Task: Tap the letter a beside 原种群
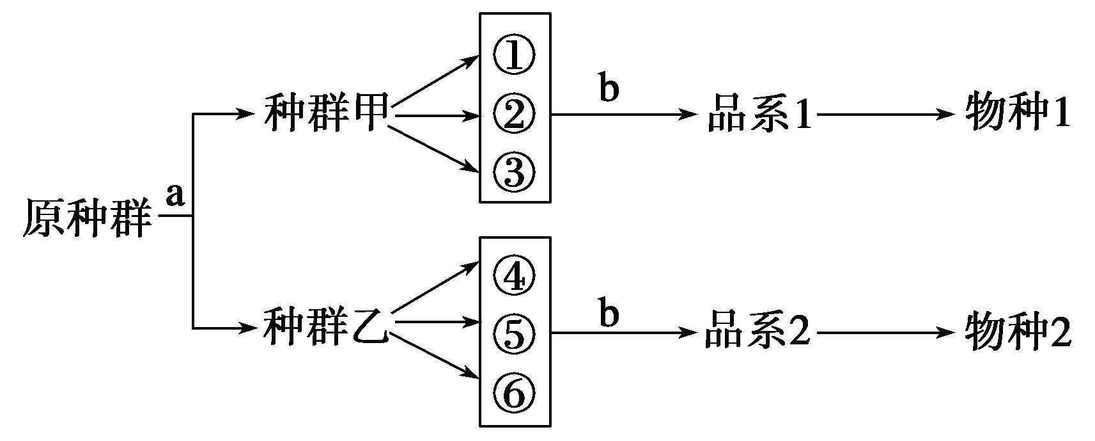[175, 196]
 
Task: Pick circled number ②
[514, 115]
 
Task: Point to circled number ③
[514, 172]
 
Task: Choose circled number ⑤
[514, 333]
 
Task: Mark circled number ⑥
[514, 392]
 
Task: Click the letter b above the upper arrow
[609, 89]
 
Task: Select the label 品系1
[759, 116]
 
